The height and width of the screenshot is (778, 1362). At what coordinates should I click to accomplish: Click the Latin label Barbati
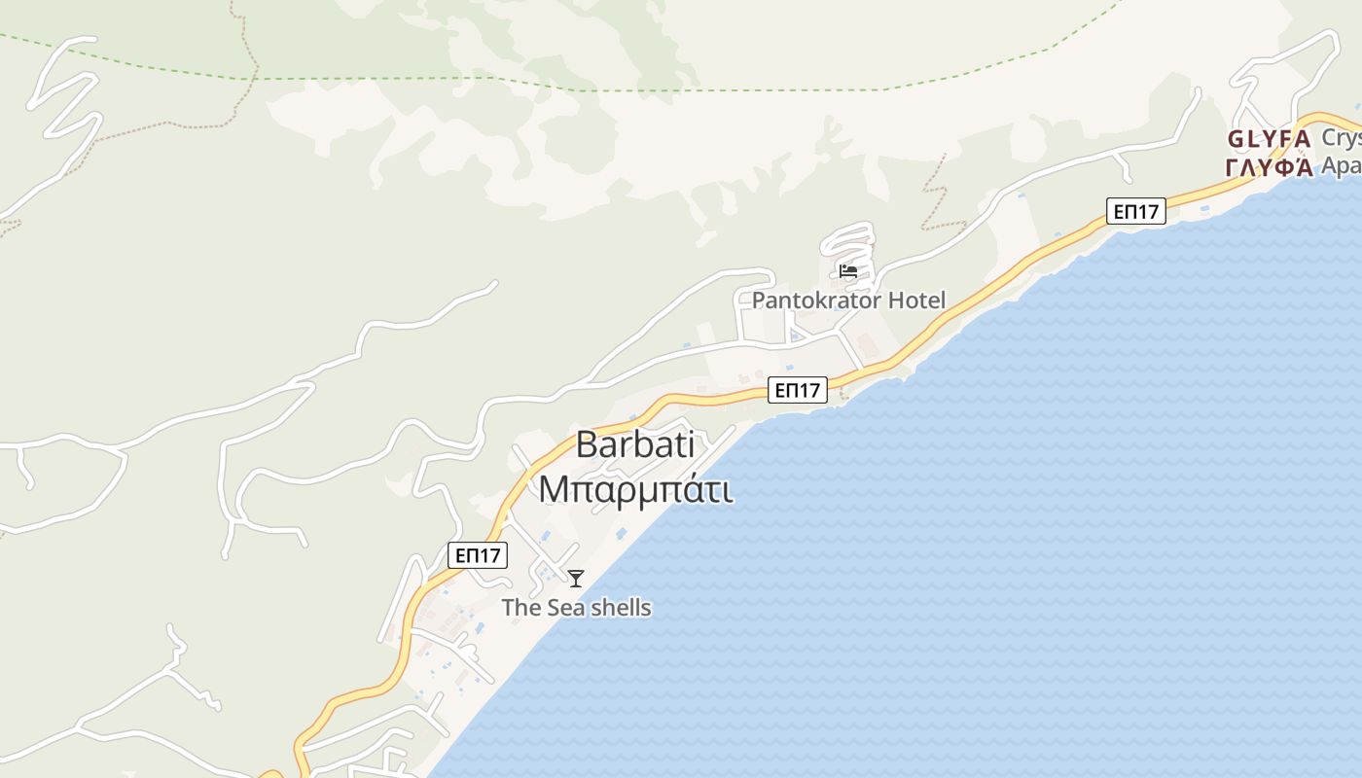pos(635,445)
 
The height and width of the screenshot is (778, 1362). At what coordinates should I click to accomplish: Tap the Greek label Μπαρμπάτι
pos(635,489)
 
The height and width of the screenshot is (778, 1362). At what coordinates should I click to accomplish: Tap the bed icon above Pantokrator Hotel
pos(848,271)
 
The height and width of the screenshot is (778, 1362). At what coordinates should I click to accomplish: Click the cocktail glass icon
pos(576,579)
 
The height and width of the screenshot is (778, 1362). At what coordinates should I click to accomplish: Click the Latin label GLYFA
pos(1270,139)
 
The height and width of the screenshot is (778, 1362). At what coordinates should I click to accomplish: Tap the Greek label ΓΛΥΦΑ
pos(1270,167)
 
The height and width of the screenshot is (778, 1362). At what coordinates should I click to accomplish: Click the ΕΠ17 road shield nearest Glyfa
pos(1135,211)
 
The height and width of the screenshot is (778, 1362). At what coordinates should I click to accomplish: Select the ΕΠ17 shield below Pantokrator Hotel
pos(797,391)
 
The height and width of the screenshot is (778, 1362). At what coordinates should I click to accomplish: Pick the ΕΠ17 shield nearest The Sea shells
pos(478,556)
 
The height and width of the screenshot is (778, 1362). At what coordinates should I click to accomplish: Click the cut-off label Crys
pos(1341,139)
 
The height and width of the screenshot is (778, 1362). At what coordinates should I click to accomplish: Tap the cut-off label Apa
pos(1341,166)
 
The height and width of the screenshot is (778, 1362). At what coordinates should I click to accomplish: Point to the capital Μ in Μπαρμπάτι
pos(552,489)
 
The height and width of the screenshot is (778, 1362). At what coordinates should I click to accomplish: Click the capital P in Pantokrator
pos(759,301)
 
